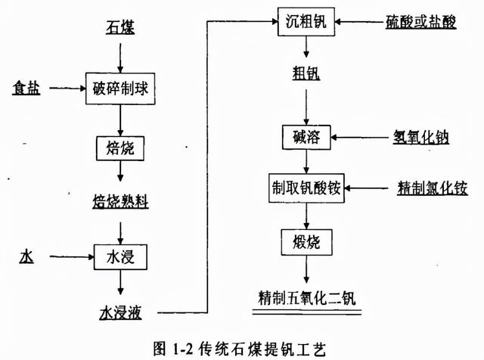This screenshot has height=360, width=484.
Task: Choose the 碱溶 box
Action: (x=306, y=138)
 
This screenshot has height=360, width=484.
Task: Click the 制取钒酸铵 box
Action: (x=306, y=187)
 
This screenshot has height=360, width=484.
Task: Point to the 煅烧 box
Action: (x=306, y=243)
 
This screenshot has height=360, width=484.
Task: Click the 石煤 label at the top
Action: (x=118, y=29)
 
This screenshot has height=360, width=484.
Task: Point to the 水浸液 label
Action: (x=120, y=310)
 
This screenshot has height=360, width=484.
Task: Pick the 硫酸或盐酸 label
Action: (x=422, y=20)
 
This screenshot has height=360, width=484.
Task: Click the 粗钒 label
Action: (x=305, y=73)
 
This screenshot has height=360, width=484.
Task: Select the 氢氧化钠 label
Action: (x=421, y=138)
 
